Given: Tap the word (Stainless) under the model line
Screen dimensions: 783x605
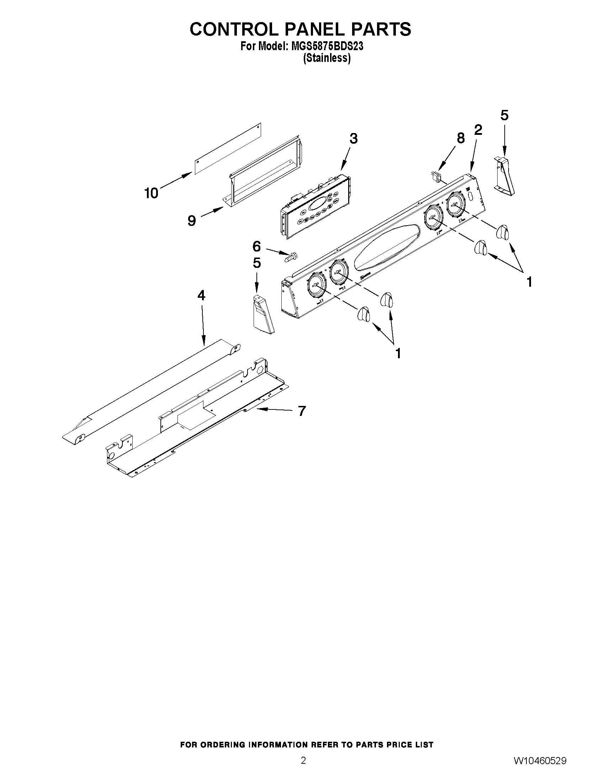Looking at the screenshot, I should (x=327, y=58).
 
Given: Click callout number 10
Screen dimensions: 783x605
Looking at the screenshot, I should (x=151, y=194).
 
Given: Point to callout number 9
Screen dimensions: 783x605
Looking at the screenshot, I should (x=192, y=221).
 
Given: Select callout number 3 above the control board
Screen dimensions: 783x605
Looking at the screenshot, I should (x=353, y=138).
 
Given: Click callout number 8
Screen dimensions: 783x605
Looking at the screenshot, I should (x=461, y=138).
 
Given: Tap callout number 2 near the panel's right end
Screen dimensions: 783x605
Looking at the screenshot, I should (x=478, y=129).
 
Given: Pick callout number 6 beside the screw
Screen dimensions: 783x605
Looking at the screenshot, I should (x=257, y=246).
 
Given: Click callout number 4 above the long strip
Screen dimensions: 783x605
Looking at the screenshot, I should (x=201, y=295).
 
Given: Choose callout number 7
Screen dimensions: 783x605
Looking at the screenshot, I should (x=302, y=411).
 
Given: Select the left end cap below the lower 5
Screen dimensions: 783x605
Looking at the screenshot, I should (x=264, y=314).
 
